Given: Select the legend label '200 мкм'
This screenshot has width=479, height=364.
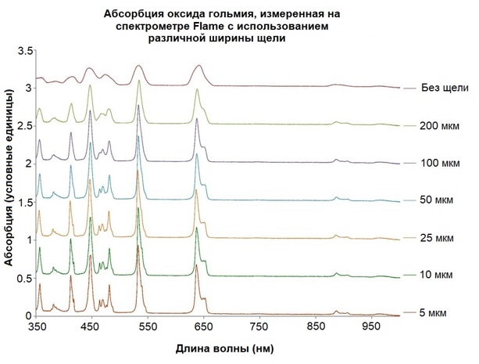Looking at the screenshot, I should point(437,125).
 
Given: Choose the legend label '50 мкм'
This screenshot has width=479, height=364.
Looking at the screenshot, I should point(435,200).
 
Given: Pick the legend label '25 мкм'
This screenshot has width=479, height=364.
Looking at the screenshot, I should point(435,238).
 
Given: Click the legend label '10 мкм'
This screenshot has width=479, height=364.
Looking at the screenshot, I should point(435,276).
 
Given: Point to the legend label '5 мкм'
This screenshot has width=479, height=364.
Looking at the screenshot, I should point(433,313).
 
